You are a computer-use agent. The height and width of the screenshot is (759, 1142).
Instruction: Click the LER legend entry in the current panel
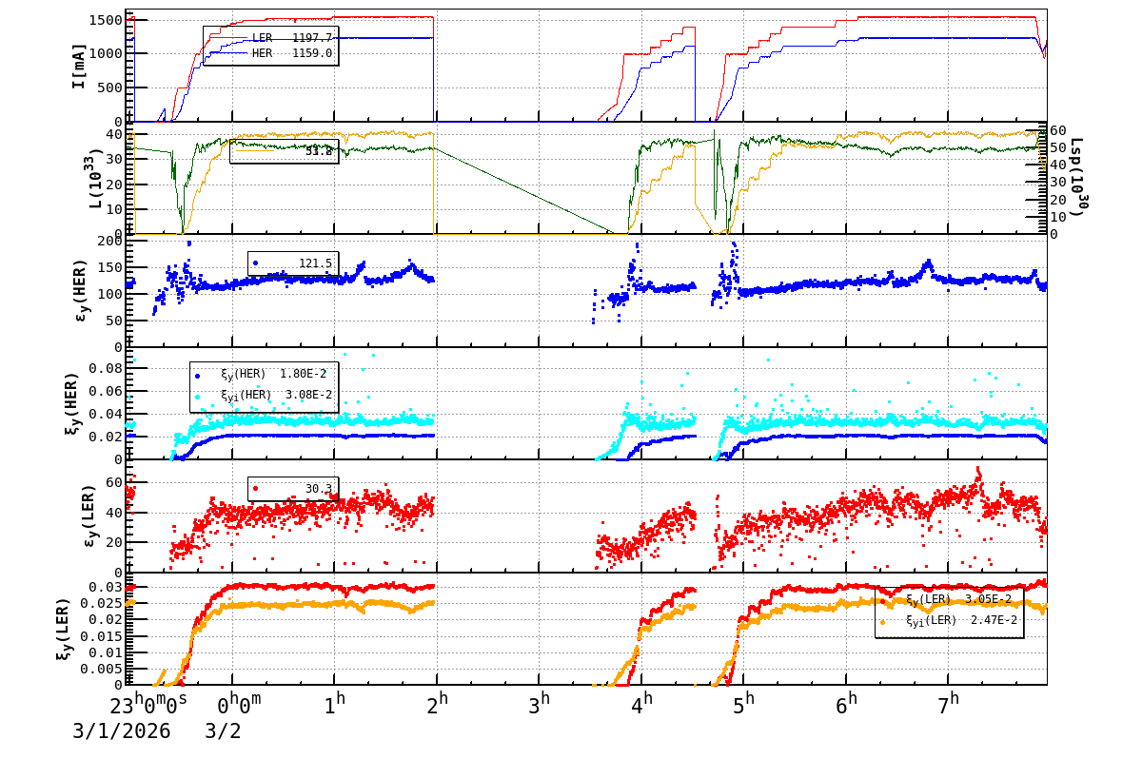point(291,38)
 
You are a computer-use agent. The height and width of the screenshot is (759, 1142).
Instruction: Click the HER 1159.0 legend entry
point(291,53)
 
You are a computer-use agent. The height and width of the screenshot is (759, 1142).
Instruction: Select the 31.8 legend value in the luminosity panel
point(318,151)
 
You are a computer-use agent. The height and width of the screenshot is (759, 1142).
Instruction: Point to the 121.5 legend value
point(314,263)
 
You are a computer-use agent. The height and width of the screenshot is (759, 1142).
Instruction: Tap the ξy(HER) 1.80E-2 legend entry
point(274,374)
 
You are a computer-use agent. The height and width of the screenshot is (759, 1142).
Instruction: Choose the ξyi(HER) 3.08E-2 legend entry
point(274,395)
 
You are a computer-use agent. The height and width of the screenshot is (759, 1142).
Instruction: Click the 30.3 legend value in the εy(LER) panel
point(318,489)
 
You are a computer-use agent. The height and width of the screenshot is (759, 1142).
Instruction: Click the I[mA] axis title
point(80,66)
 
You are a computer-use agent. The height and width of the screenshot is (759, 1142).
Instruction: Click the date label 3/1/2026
point(122,731)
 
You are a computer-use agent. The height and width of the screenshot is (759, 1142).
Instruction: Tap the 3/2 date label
point(223,731)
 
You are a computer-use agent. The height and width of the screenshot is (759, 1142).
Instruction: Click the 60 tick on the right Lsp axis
point(1058,130)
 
